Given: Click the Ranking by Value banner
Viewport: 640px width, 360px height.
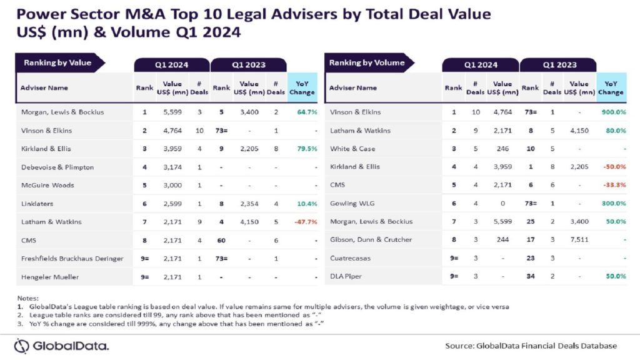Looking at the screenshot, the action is click(x=59, y=63).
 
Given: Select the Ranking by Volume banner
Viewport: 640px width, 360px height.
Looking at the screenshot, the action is click(x=369, y=63).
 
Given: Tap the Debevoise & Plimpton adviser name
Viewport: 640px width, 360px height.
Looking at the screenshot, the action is click(x=57, y=167).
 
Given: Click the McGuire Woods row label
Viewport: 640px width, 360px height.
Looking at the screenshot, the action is click(x=47, y=185).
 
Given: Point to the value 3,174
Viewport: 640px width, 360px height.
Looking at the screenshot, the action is click(x=172, y=167).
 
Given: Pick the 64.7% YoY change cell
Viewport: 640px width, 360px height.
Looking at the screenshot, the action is click(x=307, y=112).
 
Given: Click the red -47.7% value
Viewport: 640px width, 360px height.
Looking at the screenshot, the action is click(x=306, y=222).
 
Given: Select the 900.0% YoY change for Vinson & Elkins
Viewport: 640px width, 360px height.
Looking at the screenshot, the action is click(x=614, y=112).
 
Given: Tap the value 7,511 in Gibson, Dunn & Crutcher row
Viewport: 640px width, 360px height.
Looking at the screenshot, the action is click(x=579, y=239).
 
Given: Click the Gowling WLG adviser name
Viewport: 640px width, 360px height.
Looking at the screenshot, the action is click(x=352, y=203).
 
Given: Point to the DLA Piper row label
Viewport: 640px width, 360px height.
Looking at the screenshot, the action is click(x=346, y=276).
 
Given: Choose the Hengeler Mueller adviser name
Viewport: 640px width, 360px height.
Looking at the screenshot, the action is click(x=50, y=277).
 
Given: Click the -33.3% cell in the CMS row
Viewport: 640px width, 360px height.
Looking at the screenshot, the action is click(x=615, y=185).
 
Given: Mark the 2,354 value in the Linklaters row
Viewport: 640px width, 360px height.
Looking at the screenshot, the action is click(x=249, y=204).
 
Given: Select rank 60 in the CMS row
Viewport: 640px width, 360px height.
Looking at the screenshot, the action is click(x=221, y=241).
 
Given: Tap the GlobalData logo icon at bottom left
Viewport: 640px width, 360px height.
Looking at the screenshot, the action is click(x=22, y=346).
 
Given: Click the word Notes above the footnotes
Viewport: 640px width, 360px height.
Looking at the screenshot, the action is click(x=27, y=298).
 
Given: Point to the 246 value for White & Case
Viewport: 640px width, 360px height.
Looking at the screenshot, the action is click(x=502, y=149).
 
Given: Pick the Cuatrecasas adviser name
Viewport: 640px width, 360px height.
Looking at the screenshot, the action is click(x=350, y=258).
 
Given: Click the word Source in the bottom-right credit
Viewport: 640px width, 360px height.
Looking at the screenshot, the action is click(x=459, y=346).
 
